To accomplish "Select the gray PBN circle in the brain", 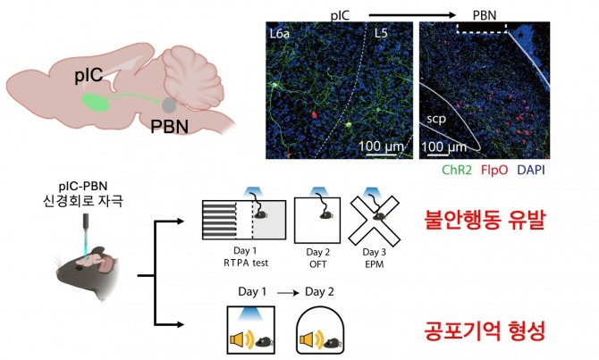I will click(x=169, y=105).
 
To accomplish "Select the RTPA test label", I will click(x=259, y=264).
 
